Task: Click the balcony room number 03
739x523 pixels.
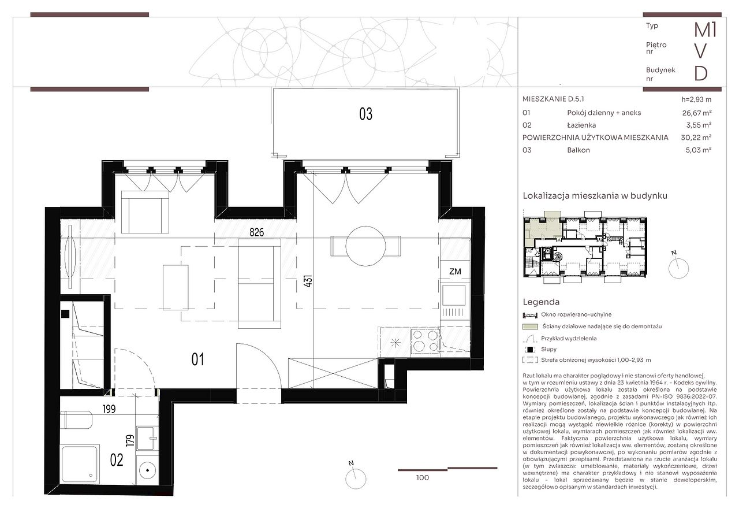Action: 365,114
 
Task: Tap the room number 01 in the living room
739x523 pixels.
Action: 197,359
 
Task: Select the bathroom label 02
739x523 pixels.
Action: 117,460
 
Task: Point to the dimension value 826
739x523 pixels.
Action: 257,232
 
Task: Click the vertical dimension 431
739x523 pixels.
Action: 308,281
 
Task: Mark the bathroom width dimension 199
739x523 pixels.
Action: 109,409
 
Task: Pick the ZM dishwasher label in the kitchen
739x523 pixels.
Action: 455,272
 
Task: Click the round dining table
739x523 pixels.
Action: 365,246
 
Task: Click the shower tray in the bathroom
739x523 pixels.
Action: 80,464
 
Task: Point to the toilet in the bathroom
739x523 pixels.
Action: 77,420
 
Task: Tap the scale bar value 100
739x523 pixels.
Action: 423,478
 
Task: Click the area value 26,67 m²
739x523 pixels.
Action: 697,113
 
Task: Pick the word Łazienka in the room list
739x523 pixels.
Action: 581,125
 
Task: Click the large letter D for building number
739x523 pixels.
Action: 701,73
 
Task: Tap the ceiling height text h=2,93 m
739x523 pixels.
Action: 696,99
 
